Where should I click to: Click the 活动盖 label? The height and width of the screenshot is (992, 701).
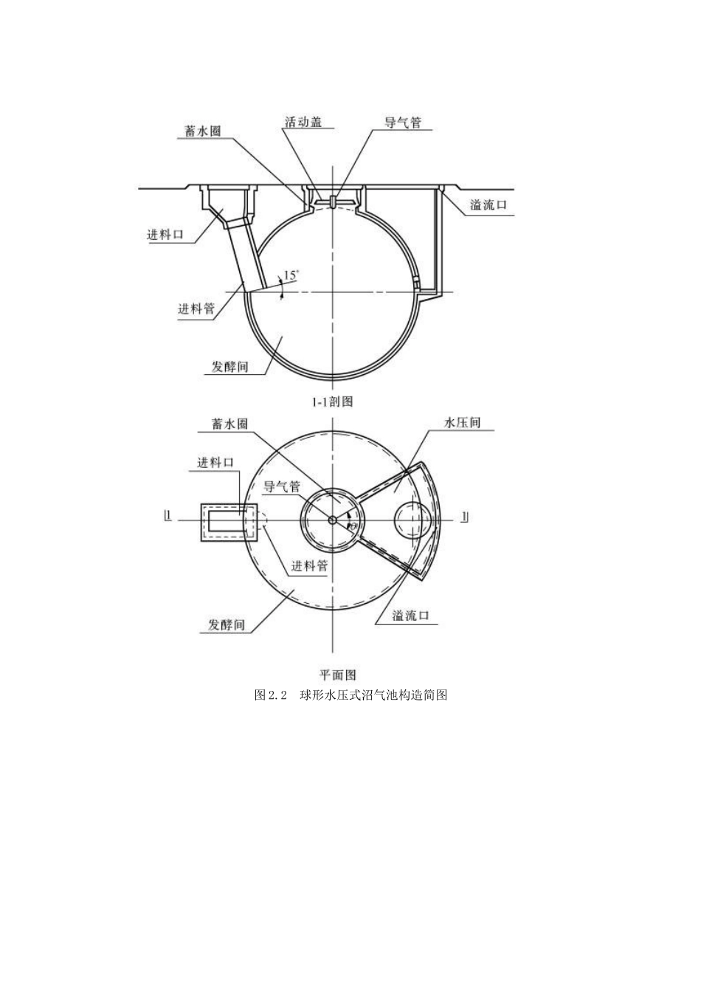coord(303,122)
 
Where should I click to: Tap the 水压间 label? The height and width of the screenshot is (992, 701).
coord(463,422)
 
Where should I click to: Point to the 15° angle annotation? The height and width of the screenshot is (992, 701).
coord(291,275)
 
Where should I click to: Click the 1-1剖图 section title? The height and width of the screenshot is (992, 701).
coord(333,402)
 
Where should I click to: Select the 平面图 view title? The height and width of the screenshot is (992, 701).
coord(338,675)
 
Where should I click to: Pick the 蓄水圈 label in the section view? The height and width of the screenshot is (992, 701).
coord(202,131)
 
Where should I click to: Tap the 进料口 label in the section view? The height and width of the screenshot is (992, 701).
coord(165,234)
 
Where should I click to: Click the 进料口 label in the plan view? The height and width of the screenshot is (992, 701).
coord(215,463)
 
